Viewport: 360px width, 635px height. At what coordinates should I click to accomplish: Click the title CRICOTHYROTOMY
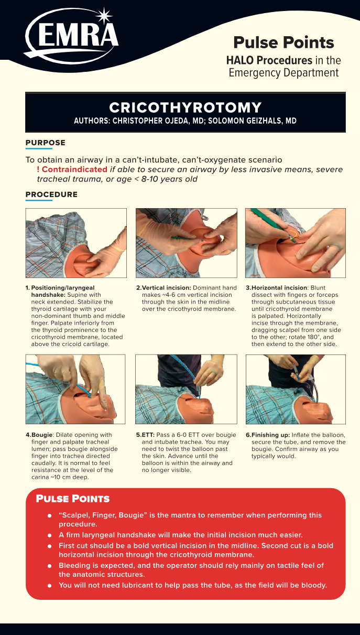186,107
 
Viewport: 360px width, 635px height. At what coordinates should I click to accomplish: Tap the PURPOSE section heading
45,143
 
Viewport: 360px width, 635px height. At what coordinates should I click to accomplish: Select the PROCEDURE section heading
51,195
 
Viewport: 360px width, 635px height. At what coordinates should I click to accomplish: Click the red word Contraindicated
74,169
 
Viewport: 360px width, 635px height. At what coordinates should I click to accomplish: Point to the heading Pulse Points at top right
283,42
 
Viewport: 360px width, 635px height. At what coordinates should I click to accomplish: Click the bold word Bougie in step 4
42,435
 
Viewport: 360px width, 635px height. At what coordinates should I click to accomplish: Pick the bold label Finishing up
270,435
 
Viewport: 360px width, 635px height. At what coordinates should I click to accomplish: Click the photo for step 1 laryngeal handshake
76,243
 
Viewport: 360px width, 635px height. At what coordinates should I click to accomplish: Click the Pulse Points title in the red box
73,499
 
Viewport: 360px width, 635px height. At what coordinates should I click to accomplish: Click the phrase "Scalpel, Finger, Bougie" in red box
103,515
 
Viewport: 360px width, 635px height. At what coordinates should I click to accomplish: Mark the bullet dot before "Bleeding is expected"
50,566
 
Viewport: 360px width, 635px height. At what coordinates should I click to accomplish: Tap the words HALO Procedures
269,60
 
